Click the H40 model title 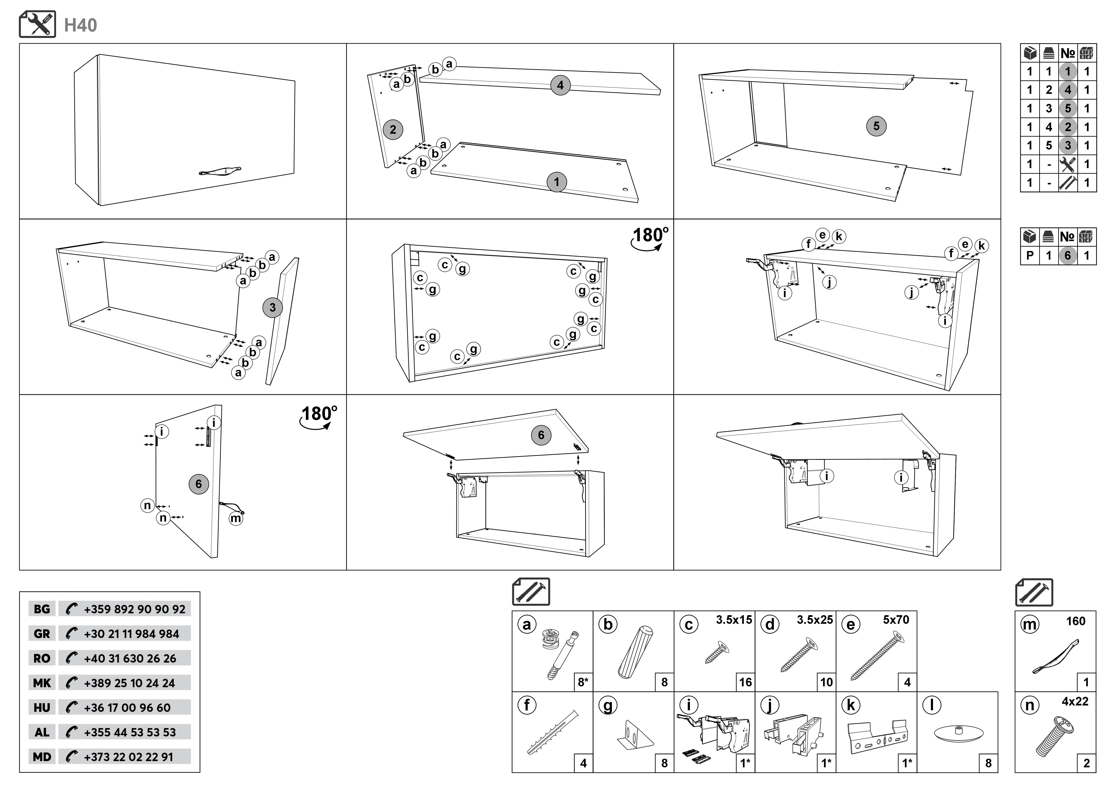click(81, 25)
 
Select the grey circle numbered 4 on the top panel click(560, 86)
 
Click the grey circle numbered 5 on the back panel click(876, 127)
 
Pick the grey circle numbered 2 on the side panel click(393, 130)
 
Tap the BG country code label click(42, 609)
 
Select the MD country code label click(42, 757)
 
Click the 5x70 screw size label click(896, 620)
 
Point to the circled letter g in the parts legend click(608, 705)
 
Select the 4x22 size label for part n click(1075, 701)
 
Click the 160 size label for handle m click(1075, 621)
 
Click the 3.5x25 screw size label click(815, 620)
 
